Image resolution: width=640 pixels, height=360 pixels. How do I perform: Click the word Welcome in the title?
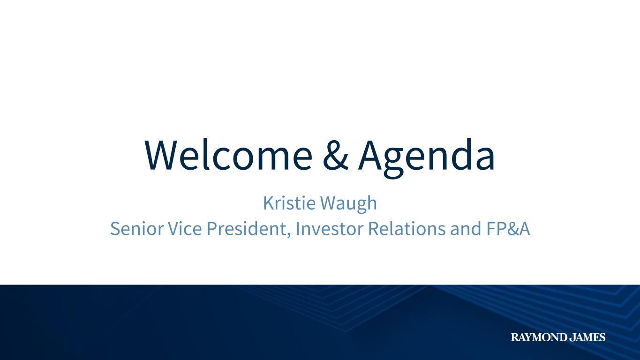(228, 155)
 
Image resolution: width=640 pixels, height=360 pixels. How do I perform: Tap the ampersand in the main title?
(335, 156)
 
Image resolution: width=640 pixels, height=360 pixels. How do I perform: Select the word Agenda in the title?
(427, 158)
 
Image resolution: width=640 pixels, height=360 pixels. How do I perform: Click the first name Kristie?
(289, 203)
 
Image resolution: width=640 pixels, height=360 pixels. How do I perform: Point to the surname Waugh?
(348, 204)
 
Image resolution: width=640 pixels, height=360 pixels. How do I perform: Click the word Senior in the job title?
(137, 229)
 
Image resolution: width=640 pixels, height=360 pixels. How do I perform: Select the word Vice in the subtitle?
(185, 229)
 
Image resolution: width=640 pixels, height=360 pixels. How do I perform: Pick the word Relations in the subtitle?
(407, 229)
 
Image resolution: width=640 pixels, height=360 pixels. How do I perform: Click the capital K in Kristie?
(269, 203)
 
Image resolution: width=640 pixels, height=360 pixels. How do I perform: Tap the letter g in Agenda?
(394, 163)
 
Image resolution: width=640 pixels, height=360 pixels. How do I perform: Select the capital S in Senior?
(115, 229)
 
